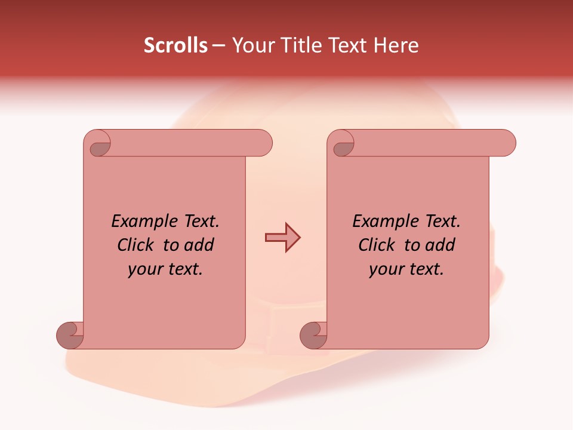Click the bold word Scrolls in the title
(175, 45)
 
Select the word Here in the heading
(396, 45)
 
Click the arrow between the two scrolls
(282, 238)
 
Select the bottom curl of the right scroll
(315, 334)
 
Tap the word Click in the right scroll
(377, 245)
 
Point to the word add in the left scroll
(199, 245)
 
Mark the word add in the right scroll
(440, 245)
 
